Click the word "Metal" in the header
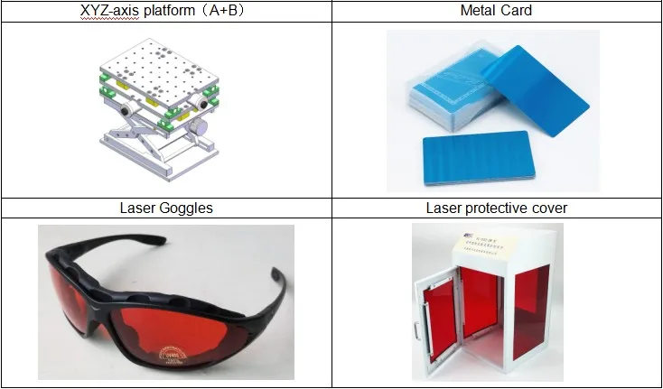point(481,11)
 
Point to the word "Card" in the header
point(516,11)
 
